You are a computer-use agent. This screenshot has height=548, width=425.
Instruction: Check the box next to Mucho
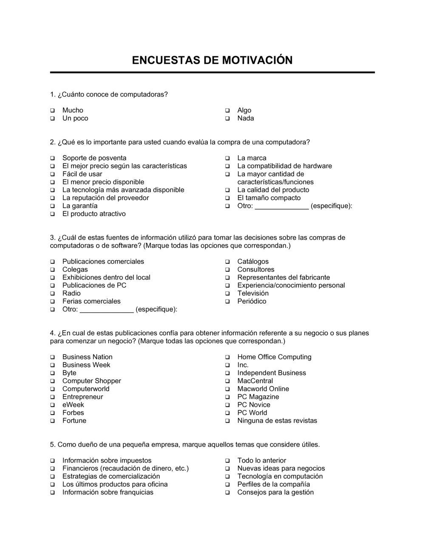52,111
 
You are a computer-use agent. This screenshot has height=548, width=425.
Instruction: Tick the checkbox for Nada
227,119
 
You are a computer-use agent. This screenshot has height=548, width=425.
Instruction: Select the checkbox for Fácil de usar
52,175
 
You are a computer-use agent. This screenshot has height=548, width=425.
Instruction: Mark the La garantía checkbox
52,206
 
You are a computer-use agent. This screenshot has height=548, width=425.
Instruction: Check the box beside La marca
227,158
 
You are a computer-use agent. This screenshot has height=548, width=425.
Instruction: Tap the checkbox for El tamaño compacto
227,198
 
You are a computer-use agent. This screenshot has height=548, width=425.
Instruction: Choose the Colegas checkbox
52,270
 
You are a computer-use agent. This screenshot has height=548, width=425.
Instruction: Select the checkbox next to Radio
52,294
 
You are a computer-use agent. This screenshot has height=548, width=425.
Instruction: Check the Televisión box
227,294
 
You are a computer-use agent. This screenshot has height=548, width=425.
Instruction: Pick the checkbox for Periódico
227,302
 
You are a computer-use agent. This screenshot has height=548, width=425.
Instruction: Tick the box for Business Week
52,366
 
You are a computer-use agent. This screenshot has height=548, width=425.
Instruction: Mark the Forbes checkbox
52,413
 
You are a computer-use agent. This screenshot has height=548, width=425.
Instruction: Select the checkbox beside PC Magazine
227,398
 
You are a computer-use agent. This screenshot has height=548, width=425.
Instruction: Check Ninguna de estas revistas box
227,421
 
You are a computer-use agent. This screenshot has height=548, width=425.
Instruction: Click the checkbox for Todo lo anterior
227,461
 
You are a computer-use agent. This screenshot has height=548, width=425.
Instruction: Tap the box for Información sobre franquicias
52,493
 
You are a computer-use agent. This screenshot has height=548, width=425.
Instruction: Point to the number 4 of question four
52,333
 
